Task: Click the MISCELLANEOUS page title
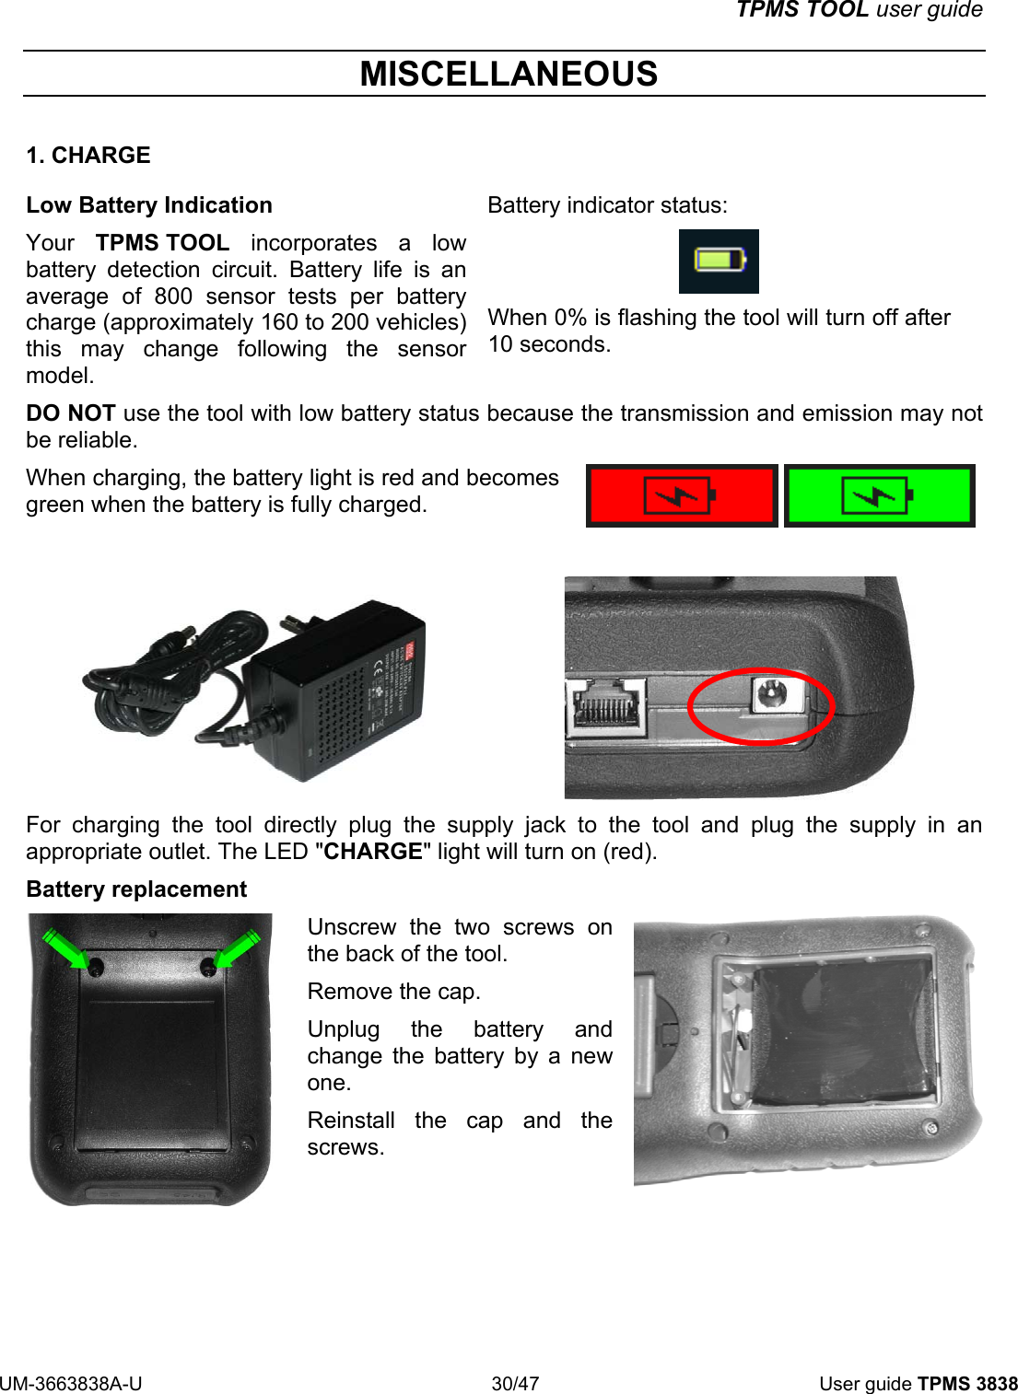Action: click(x=509, y=74)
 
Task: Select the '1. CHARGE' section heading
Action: click(x=88, y=155)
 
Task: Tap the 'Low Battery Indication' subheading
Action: click(x=149, y=204)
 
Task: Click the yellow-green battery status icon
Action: click(x=719, y=261)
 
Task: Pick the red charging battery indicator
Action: click(x=682, y=495)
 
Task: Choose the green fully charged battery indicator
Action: click(x=879, y=495)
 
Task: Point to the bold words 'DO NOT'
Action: click(x=71, y=413)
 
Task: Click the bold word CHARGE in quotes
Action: click(x=373, y=852)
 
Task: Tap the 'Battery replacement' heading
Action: click(x=136, y=889)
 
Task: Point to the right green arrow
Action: click(x=232, y=949)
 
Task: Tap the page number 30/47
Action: click(x=515, y=1383)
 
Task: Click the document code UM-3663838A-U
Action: click(x=71, y=1383)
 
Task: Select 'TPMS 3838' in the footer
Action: click(x=967, y=1383)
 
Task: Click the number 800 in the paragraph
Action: click(x=173, y=296)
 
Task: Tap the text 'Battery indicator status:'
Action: click(x=607, y=204)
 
